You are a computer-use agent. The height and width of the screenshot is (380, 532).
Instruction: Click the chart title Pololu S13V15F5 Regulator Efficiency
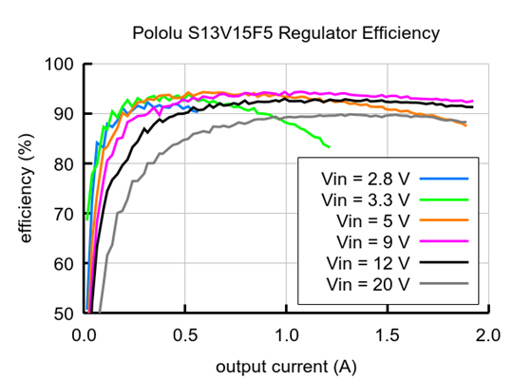click(285, 34)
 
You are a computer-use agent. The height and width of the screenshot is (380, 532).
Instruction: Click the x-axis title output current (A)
click(285, 366)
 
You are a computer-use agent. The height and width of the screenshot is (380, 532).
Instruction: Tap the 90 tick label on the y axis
click(63, 114)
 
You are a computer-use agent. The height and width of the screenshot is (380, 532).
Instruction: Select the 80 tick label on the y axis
click(63, 164)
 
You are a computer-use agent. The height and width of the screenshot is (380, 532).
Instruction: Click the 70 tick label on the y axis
click(63, 214)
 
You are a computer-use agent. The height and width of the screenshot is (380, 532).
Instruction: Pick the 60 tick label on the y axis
click(63, 264)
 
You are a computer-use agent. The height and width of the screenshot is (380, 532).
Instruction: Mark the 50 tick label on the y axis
click(63, 313)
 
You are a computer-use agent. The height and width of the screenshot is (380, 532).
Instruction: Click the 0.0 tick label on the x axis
click(84, 335)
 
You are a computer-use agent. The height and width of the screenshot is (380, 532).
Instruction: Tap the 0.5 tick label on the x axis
click(184, 335)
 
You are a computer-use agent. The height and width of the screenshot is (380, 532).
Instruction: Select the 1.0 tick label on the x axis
click(286, 335)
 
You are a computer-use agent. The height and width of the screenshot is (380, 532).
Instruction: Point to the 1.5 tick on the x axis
click(387, 335)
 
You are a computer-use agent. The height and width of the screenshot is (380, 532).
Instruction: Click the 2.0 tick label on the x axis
click(487, 335)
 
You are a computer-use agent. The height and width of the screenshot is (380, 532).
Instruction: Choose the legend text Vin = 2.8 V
click(366, 178)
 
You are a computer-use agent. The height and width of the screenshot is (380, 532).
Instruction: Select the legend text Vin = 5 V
click(371, 220)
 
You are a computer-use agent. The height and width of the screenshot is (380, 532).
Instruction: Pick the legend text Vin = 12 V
click(368, 262)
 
